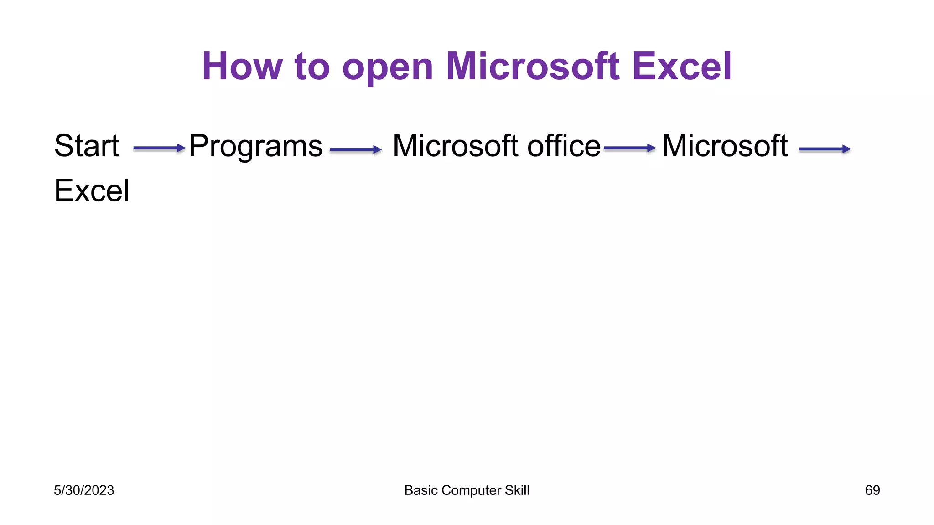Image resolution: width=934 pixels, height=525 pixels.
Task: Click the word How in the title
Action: tap(242, 67)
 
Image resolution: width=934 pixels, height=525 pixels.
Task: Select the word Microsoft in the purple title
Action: tap(533, 67)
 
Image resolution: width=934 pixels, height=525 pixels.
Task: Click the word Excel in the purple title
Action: tap(682, 67)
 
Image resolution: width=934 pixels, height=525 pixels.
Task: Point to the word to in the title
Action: tap(312, 67)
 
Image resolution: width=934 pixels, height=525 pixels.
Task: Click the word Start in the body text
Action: tap(87, 146)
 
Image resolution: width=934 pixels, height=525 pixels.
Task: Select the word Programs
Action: tap(256, 147)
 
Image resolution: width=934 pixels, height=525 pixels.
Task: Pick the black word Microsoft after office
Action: tap(725, 146)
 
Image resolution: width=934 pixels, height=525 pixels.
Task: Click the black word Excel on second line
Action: tap(92, 190)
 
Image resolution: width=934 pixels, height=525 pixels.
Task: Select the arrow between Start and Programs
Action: tap(159, 149)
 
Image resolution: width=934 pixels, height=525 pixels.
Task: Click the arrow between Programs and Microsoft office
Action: tap(355, 149)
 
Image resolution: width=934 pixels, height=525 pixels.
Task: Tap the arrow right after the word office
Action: tap(629, 149)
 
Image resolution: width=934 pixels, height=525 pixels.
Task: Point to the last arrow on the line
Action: tap(825, 149)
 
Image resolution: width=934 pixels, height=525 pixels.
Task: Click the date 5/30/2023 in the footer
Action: tap(84, 490)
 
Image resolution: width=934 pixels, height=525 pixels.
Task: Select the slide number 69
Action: tap(872, 490)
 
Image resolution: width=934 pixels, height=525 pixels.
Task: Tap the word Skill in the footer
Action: tap(517, 490)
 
